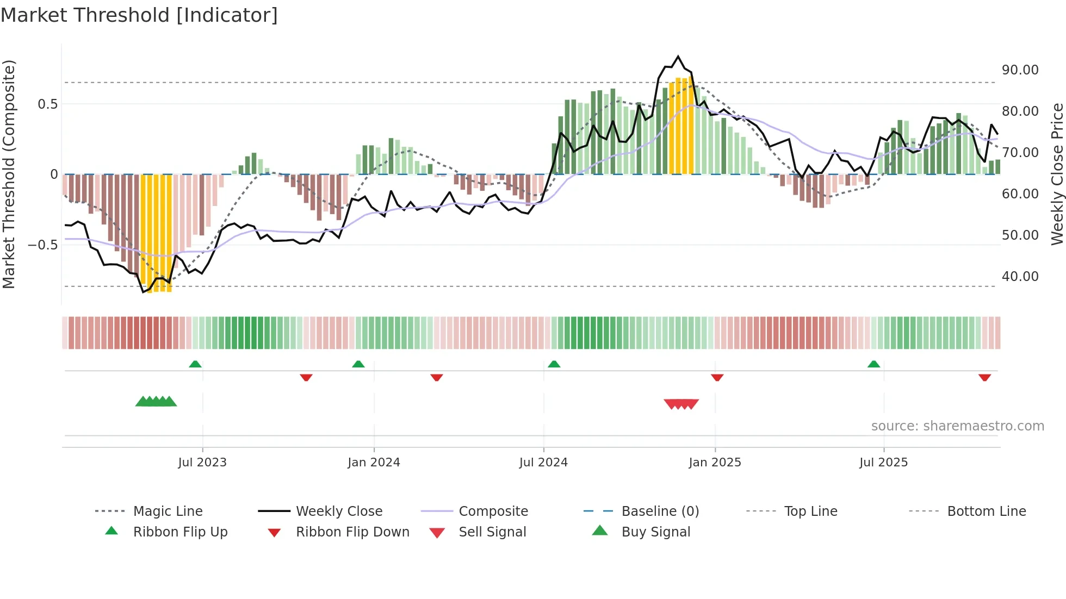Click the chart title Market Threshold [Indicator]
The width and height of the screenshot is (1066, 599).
pos(139,15)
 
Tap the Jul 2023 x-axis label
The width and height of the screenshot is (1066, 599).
pos(202,463)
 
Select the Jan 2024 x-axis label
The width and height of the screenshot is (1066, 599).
pos(374,463)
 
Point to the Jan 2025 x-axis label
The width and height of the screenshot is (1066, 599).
pos(715,463)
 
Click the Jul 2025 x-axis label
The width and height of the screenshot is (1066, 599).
pos(883,463)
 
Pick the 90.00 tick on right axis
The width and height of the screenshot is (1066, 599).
pos(1020,70)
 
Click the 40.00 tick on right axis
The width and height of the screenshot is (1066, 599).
pos(1020,277)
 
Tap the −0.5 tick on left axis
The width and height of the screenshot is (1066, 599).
pos(43,245)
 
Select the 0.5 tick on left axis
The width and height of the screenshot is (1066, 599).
pos(47,104)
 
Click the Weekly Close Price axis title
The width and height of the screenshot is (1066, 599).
pos(1057,174)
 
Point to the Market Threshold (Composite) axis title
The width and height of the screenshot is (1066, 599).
pos(9,174)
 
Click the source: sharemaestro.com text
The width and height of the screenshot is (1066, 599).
pos(957,426)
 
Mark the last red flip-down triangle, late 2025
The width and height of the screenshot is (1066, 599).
pos(984,377)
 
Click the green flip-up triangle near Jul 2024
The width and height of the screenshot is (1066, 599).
pos(554,364)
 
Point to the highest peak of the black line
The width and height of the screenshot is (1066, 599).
pos(678,57)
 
